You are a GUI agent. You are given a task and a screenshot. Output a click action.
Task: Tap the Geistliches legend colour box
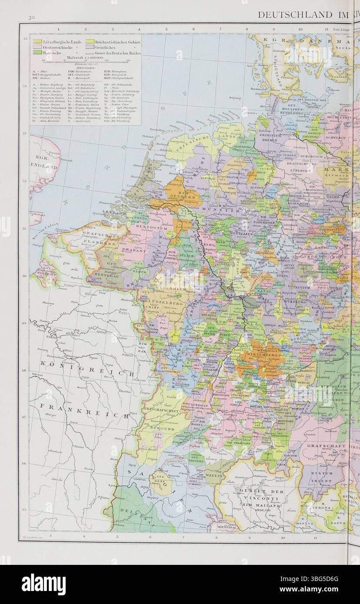click(90, 47)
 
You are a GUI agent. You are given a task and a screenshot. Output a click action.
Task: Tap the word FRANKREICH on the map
click(83, 410)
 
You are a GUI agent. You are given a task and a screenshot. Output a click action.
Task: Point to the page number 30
click(31, 16)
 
